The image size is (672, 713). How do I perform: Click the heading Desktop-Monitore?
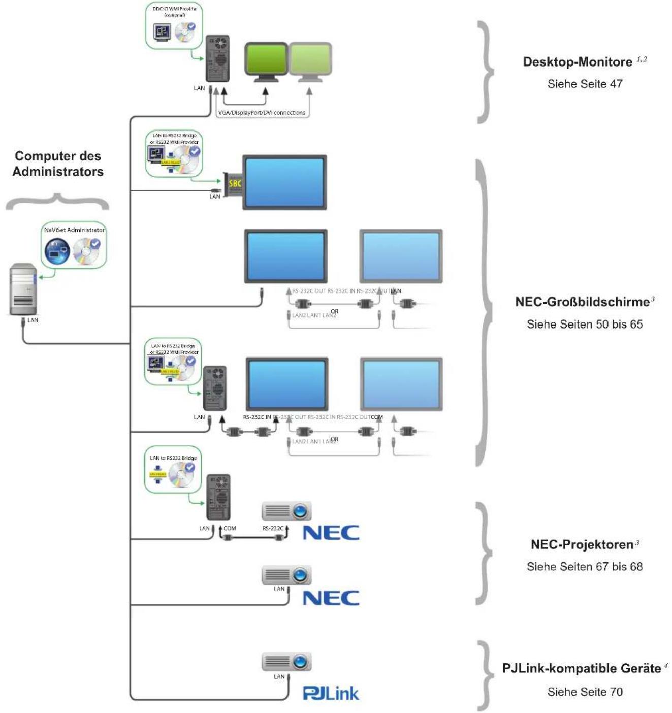point(578,62)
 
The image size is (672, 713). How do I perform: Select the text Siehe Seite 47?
point(585,84)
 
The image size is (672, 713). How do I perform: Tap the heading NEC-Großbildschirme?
point(582,302)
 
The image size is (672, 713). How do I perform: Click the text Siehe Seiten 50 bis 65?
point(585,324)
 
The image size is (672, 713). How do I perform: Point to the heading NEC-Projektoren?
point(582,544)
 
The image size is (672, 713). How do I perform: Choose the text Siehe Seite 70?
point(585,692)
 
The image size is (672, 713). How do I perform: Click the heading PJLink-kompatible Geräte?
point(582,668)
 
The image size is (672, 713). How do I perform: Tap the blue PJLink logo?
point(331,693)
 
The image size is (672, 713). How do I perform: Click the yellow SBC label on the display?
point(234,184)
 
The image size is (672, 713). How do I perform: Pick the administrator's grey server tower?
point(23,289)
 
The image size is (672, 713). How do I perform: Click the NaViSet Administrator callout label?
point(74,230)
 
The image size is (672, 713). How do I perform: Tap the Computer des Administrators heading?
point(58,164)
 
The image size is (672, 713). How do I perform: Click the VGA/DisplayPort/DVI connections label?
point(262,113)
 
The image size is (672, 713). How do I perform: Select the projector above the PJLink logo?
point(286,662)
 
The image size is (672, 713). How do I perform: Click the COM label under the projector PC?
point(230,529)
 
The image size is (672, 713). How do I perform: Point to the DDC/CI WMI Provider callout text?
point(175,12)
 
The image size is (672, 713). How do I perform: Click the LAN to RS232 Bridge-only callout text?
point(173,458)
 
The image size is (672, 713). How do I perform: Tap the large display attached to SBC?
point(284,182)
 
